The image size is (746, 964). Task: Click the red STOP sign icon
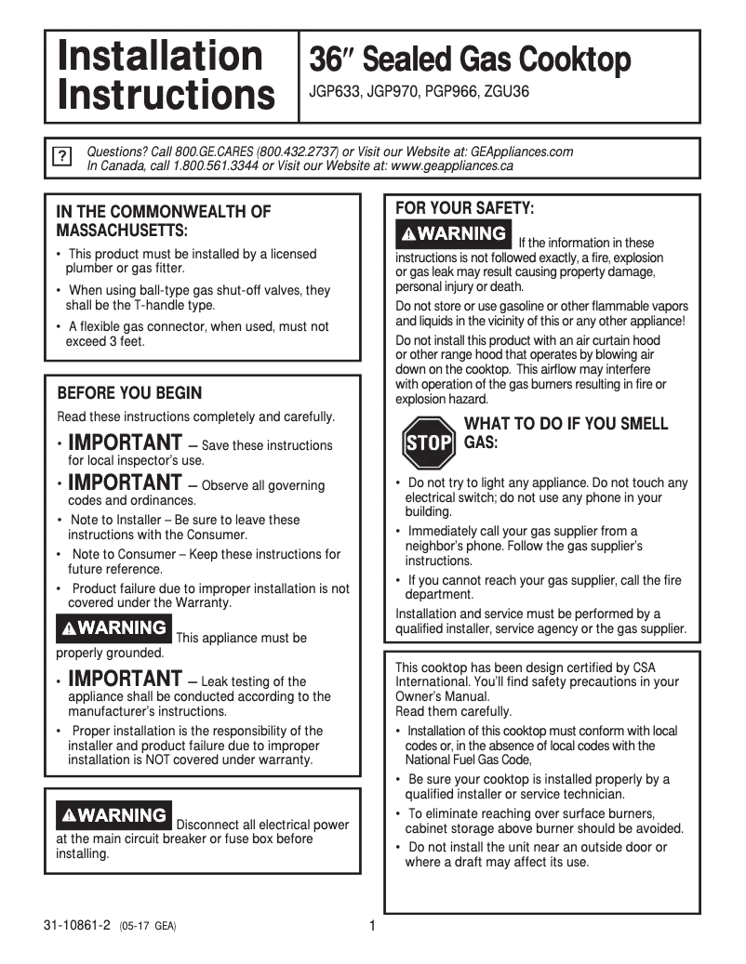(x=429, y=442)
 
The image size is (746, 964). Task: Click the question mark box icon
(x=61, y=156)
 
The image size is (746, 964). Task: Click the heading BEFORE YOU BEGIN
(x=129, y=393)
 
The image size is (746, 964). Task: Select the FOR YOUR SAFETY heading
(x=465, y=208)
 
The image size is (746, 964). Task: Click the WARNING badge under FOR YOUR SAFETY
(x=453, y=233)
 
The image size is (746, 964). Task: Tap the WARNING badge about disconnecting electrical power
(x=113, y=815)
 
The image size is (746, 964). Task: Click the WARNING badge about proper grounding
(x=113, y=628)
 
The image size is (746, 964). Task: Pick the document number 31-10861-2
(x=76, y=926)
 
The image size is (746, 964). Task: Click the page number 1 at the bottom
(x=372, y=926)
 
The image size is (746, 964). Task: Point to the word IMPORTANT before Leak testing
(x=126, y=679)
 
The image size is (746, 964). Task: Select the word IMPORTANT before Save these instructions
(x=126, y=442)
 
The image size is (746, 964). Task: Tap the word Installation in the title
(x=160, y=56)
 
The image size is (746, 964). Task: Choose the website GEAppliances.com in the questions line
(x=517, y=152)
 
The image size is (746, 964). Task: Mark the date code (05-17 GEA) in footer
(x=148, y=927)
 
